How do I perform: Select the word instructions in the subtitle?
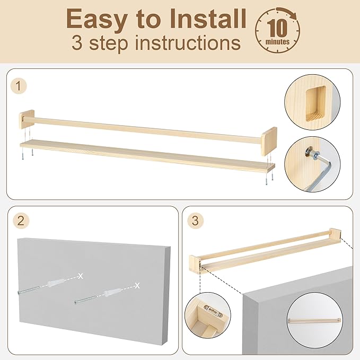pos(188,43)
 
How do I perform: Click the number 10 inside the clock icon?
pos(278,29)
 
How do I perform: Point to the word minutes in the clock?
pos(277,42)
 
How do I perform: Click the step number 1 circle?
pos(19,86)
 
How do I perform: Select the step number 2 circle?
pos(21,221)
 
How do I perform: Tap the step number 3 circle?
pos(196,221)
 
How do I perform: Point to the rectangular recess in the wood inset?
pos(316,104)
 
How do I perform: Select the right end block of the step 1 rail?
pos(269,141)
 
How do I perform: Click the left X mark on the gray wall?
pos(81,276)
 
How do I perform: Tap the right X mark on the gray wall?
pos(137,285)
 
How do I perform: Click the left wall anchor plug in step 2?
pos(54,283)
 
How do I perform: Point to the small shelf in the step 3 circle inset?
pos(314,321)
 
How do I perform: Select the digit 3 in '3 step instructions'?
pos(77,42)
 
